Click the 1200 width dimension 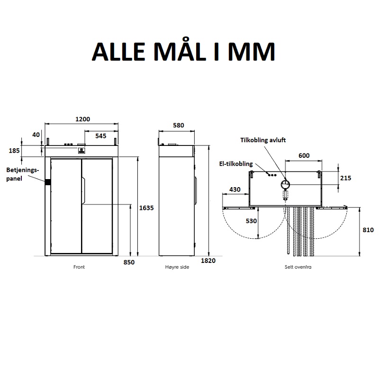pos(82,119)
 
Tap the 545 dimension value pos(101,136)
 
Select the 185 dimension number pos(14,151)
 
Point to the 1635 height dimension pos(146,208)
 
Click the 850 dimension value pos(129,262)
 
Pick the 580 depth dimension pos(179,125)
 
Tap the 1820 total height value pos(208,261)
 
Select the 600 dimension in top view pos(304,155)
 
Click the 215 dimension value pos(346,178)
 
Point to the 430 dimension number pos(235,189)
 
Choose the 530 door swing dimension pos(251,221)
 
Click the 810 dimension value pos(368,230)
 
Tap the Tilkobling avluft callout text pos(263,140)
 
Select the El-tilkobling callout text pos(236,164)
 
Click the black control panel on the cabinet pos(48,182)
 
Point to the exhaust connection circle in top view pos(286,184)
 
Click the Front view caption pos(79,267)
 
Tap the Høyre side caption pos(177,267)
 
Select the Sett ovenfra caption pos(298,267)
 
